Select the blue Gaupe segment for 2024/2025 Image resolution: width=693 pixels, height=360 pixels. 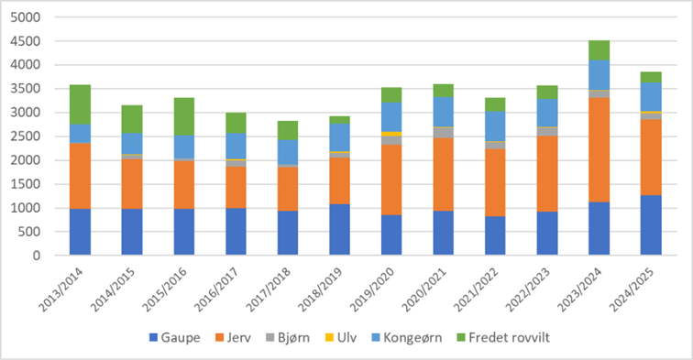click(x=650, y=225)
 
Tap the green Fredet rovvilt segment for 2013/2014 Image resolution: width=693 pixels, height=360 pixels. click(x=80, y=104)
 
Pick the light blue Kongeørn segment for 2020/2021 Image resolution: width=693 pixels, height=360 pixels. click(x=445, y=111)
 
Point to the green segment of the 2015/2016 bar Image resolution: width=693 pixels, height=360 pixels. click(x=184, y=116)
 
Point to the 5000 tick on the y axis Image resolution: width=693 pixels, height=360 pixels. click(x=29, y=17)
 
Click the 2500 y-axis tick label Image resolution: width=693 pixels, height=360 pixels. click(x=29, y=136)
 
